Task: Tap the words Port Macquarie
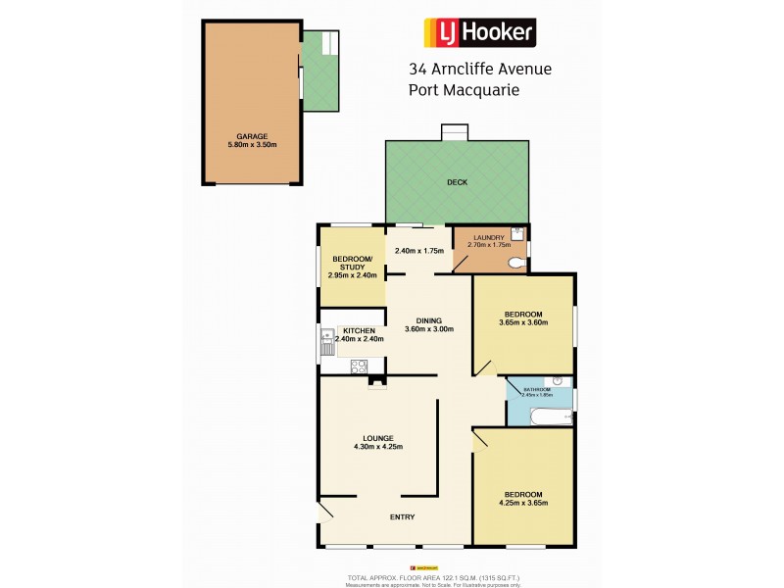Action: pos(463,89)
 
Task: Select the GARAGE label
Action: pos(252,136)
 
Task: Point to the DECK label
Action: pos(457,182)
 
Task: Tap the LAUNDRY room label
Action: pos(488,237)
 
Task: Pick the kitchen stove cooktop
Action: pos(360,368)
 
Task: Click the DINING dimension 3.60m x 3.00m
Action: pos(428,329)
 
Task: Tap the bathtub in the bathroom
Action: pos(541,416)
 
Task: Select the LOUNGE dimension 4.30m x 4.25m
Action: pos(377,447)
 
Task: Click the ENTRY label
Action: pos(402,517)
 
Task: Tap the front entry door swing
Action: pos(325,512)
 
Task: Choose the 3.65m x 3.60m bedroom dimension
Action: pos(522,321)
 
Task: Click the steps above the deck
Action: pos(454,132)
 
